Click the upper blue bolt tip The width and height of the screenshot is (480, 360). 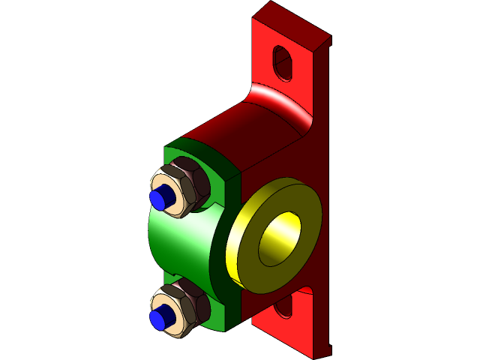[x=157, y=199]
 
